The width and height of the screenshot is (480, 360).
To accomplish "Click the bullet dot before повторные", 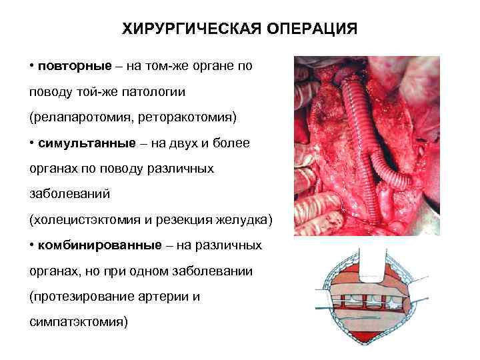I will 32,67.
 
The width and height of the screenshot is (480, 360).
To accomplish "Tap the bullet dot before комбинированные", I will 32,246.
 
